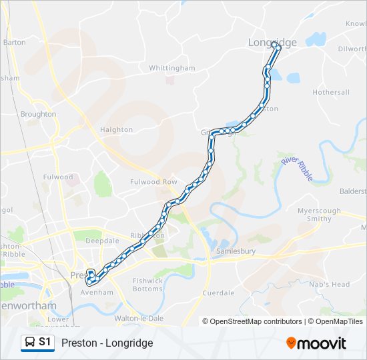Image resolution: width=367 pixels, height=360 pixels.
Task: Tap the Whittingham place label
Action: [x=171, y=68]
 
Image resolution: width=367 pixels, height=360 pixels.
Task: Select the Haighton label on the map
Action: [x=116, y=129]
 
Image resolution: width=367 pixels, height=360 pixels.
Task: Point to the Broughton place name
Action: [x=38, y=114]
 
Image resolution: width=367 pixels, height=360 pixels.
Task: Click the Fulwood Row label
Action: [x=153, y=181]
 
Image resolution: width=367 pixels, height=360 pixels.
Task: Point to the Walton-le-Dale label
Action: [x=139, y=318]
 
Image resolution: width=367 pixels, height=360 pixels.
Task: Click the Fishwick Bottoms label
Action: [x=147, y=285]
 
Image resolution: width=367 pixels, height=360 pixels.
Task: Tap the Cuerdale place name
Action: [x=218, y=293]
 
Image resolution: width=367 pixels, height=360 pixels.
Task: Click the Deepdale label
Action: [x=101, y=241]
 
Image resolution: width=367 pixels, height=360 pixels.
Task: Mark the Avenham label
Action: [x=97, y=292]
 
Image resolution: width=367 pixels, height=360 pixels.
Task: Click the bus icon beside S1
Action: [x=30, y=342]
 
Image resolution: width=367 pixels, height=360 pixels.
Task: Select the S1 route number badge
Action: [x=45, y=342]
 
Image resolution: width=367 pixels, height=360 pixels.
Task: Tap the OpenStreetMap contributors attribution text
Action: [x=253, y=321]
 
